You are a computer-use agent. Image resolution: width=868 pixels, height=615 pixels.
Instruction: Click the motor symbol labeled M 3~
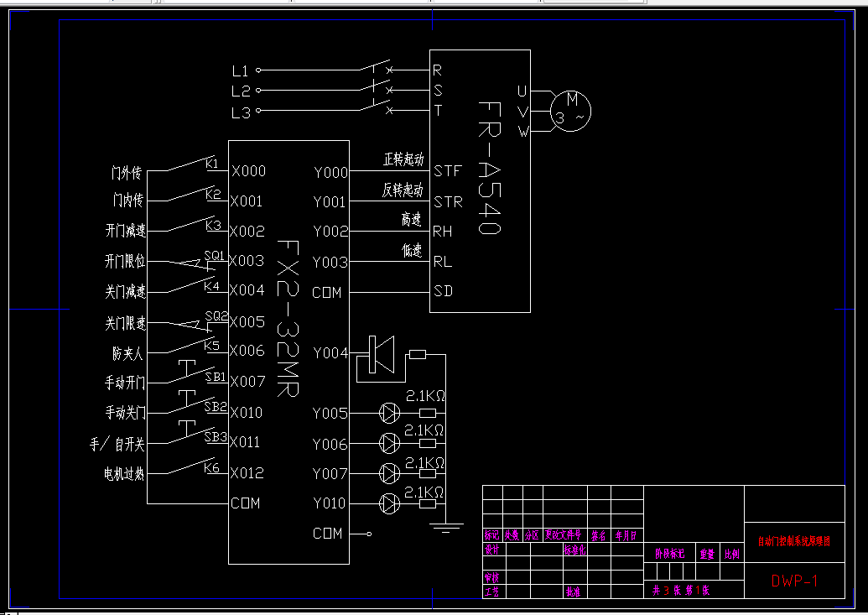[571, 109]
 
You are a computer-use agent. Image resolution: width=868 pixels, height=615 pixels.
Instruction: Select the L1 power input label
[241, 70]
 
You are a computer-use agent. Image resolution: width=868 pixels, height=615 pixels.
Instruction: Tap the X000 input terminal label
[248, 171]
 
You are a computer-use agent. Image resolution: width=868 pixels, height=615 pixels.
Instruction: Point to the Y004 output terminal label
[330, 353]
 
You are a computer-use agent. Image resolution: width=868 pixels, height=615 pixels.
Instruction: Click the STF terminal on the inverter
[448, 172]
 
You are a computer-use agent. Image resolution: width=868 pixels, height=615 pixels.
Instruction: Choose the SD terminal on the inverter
[443, 292]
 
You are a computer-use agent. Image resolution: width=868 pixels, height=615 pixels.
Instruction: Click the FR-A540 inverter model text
[490, 168]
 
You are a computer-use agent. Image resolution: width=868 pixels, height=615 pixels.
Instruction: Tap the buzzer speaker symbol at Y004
[380, 354]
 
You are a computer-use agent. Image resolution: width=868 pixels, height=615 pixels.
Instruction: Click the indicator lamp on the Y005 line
[389, 413]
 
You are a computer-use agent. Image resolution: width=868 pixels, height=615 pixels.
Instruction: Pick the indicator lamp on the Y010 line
[389, 503]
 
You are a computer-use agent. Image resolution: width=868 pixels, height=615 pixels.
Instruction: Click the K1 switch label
[211, 163]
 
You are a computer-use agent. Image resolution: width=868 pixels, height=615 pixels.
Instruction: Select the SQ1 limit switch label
[215, 254]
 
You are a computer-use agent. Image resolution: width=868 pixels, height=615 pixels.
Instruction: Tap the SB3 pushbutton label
[216, 436]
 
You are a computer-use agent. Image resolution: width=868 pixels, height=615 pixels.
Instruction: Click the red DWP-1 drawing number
[793, 581]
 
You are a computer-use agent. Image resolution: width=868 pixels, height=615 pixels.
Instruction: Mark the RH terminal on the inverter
[443, 232]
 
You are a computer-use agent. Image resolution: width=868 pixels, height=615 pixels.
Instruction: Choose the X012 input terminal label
[247, 473]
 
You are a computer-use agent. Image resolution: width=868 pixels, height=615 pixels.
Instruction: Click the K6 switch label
[211, 467]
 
